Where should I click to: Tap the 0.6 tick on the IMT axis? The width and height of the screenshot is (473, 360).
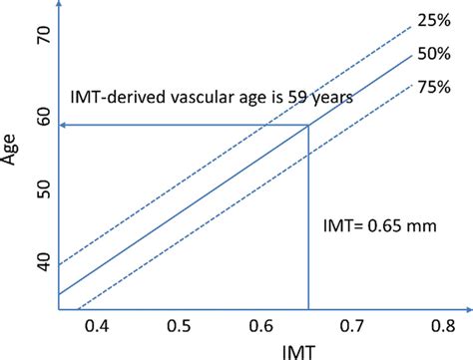258,327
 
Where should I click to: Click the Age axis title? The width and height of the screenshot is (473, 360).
13,159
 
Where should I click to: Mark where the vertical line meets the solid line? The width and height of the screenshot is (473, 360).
309,125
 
